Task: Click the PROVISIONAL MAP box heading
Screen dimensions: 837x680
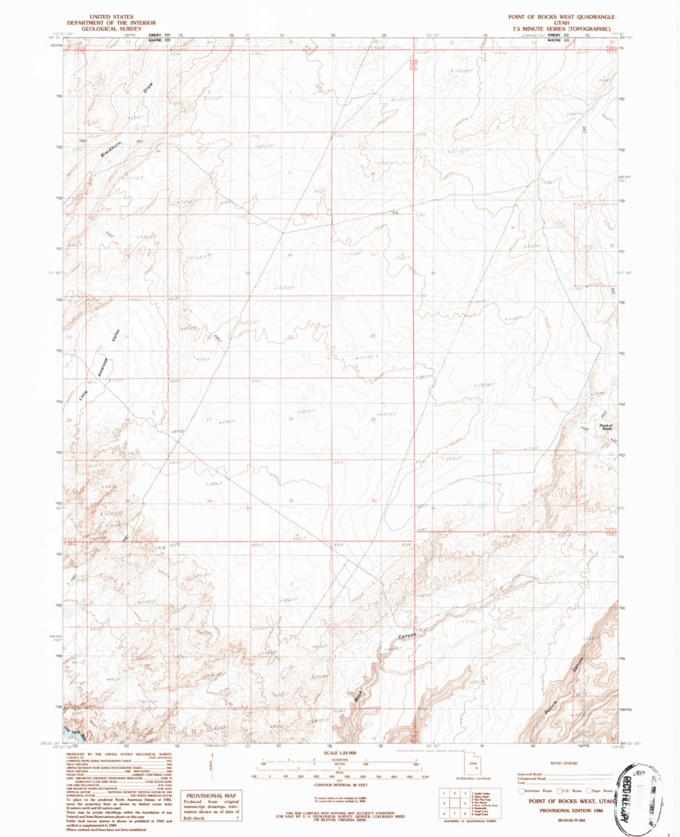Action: pos(211,796)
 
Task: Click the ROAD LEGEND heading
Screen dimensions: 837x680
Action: pos(565,763)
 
